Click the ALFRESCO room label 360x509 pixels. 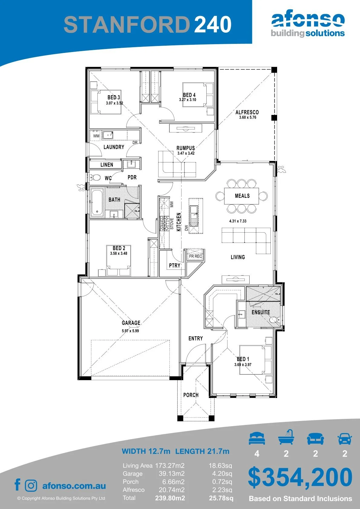click(247, 112)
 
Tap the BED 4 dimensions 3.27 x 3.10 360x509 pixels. click(188, 100)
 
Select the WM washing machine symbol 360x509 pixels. click(96, 135)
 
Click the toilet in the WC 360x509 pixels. click(96, 178)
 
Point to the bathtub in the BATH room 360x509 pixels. click(97, 203)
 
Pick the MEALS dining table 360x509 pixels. click(241, 196)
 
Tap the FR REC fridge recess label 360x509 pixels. click(195, 256)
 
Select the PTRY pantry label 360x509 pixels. click(175, 266)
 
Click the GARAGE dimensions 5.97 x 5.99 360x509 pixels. click(130, 331)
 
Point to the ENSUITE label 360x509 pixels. click(261, 312)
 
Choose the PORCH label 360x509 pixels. click(191, 395)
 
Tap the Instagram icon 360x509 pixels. click(31, 486)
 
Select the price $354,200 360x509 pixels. click(300, 478)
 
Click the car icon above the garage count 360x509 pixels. click(345, 438)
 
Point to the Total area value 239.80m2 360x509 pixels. click(170, 498)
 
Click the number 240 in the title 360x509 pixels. click(213, 24)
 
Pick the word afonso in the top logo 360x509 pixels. click(308, 20)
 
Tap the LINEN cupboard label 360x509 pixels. click(106, 165)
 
